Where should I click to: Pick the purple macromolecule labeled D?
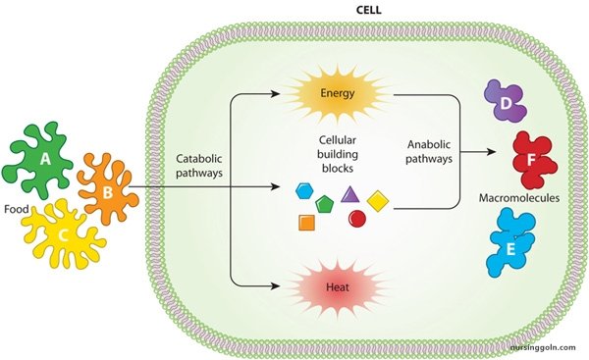[507, 104]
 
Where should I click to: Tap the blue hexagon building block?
[303, 190]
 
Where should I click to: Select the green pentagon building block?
[326, 202]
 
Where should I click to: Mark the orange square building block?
[306, 223]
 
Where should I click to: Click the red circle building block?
[357, 219]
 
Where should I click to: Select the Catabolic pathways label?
[199, 163]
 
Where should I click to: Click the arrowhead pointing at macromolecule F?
[494, 153]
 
